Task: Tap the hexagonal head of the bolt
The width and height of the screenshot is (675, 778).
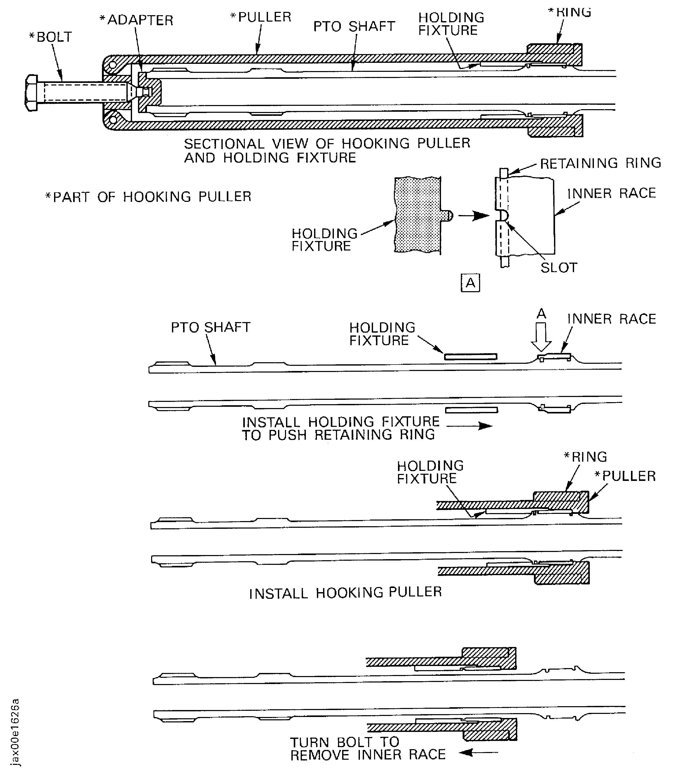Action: [32, 93]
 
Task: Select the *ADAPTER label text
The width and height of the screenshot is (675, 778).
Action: [136, 20]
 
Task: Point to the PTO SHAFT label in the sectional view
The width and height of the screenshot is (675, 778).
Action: [354, 26]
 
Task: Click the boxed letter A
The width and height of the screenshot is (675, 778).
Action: [470, 283]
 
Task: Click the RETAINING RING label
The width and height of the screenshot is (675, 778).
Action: [600, 163]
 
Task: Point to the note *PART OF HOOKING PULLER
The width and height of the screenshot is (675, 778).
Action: [148, 197]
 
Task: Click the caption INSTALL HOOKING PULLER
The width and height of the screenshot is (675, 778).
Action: [345, 593]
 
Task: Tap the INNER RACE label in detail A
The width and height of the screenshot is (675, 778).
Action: [611, 193]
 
